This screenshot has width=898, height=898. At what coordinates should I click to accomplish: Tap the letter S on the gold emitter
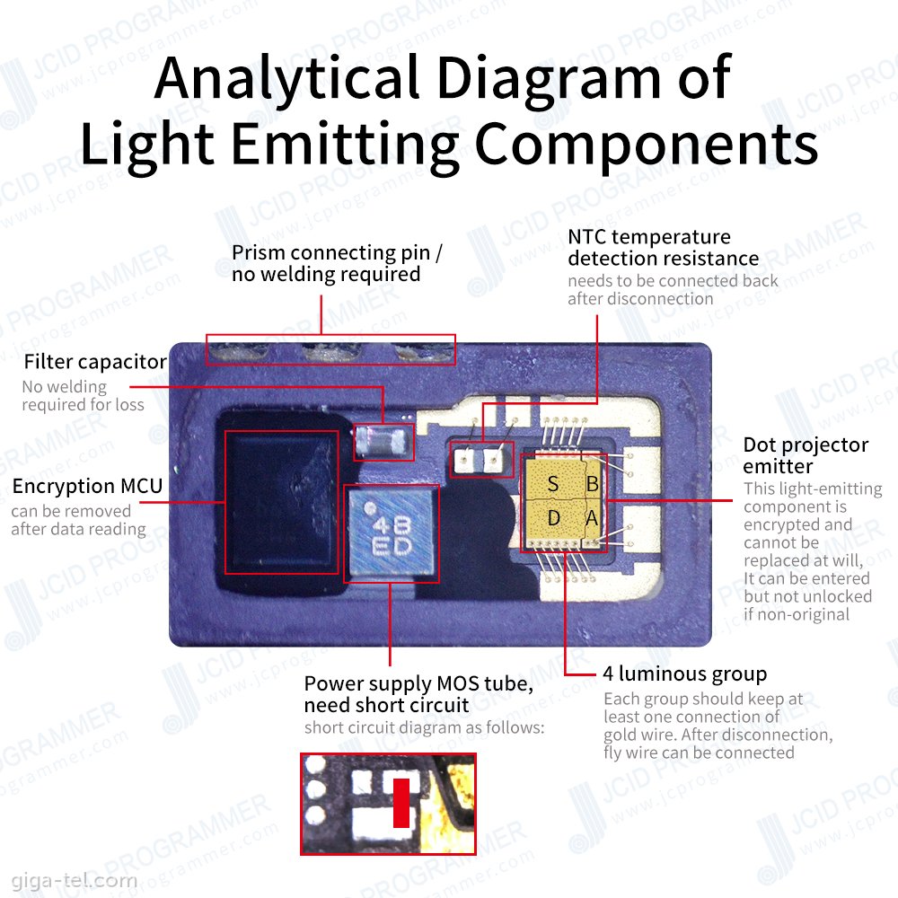(553, 485)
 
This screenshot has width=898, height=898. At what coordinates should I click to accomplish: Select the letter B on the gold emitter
(592, 485)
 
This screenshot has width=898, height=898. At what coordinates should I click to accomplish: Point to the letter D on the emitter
(553, 518)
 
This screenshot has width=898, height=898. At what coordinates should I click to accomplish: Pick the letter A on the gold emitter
(592, 518)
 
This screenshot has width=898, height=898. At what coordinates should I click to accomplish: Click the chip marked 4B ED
(392, 533)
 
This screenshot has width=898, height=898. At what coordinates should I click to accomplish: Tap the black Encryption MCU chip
(280, 501)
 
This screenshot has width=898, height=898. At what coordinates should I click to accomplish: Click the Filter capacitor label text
(95, 362)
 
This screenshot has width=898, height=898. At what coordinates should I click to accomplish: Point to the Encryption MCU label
(87, 487)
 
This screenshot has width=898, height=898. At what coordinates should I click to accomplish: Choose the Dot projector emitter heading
(806, 455)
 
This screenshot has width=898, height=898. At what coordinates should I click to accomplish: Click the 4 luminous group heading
(685, 673)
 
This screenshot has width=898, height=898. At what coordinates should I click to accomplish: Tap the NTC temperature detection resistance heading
(663, 248)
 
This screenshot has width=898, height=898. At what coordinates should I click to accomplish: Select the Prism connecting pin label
(337, 263)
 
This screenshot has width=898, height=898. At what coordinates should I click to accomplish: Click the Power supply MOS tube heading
(419, 694)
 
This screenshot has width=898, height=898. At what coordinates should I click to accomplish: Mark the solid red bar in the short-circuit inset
(401, 803)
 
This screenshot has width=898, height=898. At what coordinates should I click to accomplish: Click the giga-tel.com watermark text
(69, 880)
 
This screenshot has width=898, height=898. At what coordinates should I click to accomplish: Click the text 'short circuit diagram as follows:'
(424, 727)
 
